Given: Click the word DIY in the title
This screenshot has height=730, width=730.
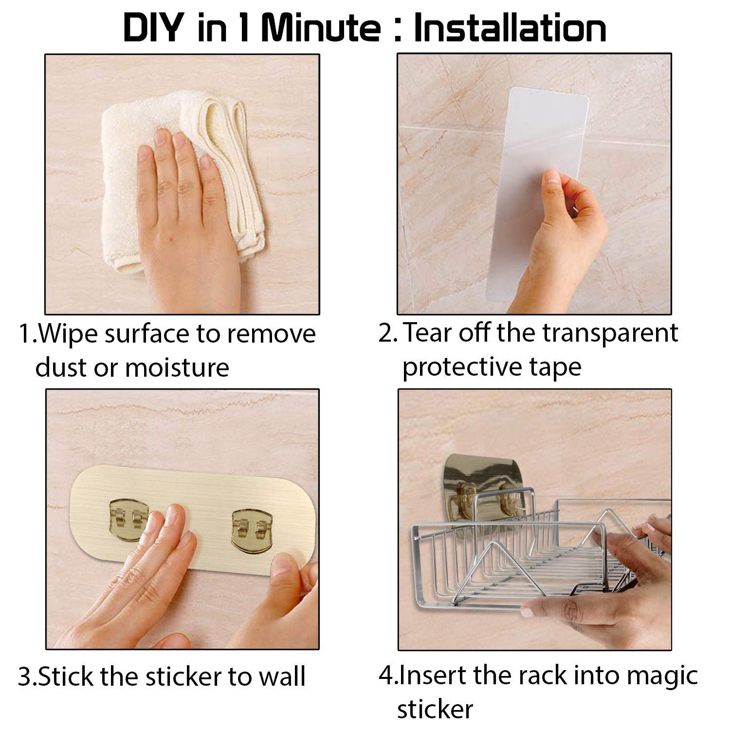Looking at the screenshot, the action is (x=151, y=28).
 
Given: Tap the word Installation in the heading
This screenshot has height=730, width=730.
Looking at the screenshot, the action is (x=510, y=28).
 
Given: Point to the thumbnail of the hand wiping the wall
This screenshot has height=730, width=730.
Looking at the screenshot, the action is (x=182, y=184).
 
